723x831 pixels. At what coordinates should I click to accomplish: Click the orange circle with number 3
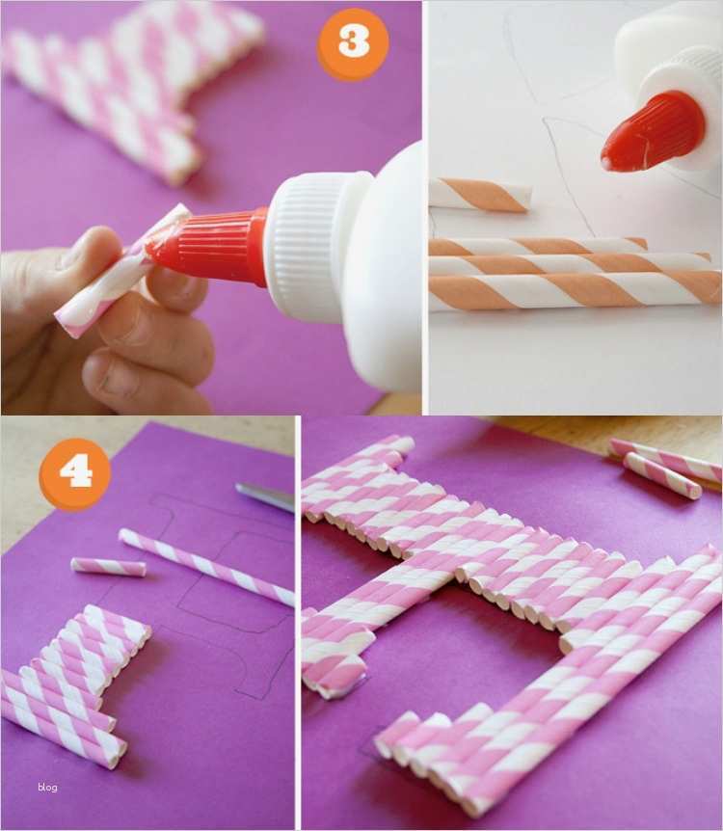point(353,42)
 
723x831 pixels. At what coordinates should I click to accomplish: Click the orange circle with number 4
point(75,473)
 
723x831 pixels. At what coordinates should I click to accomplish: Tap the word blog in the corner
point(47,787)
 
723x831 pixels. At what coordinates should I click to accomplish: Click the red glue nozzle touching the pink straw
point(206,247)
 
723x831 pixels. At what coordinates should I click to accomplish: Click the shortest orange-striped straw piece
point(479,196)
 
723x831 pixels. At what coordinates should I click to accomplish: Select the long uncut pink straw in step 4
point(206,567)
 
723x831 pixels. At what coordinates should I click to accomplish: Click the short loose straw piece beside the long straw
point(108,567)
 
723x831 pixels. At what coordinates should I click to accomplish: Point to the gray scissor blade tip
point(237,487)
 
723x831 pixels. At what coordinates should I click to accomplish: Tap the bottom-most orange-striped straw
point(576,291)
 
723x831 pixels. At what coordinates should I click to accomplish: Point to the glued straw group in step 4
point(68,684)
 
